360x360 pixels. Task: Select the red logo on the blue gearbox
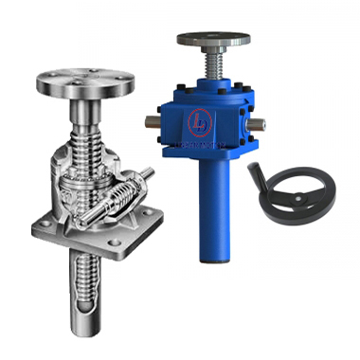[202, 121]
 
